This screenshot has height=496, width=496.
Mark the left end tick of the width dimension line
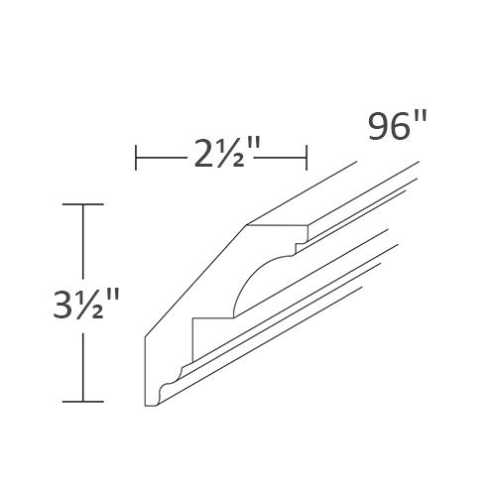click(x=136, y=157)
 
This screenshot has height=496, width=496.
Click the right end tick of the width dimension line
click(x=307, y=157)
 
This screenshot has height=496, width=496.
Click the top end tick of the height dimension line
click(x=82, y=203)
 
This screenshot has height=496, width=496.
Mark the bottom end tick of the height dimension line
click(x=82, y=402)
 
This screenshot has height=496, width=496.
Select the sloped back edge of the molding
click(x=193, y=283)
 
